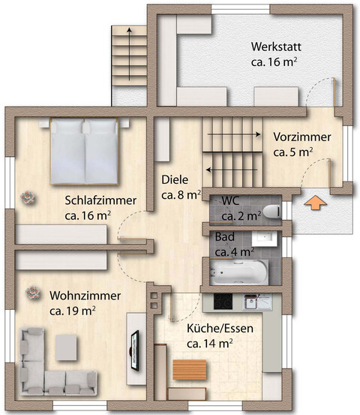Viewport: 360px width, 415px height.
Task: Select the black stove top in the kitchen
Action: coord(224,302)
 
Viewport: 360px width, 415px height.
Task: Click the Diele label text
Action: coord(175,180)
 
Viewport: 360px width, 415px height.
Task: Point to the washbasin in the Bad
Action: coord(271,242)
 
